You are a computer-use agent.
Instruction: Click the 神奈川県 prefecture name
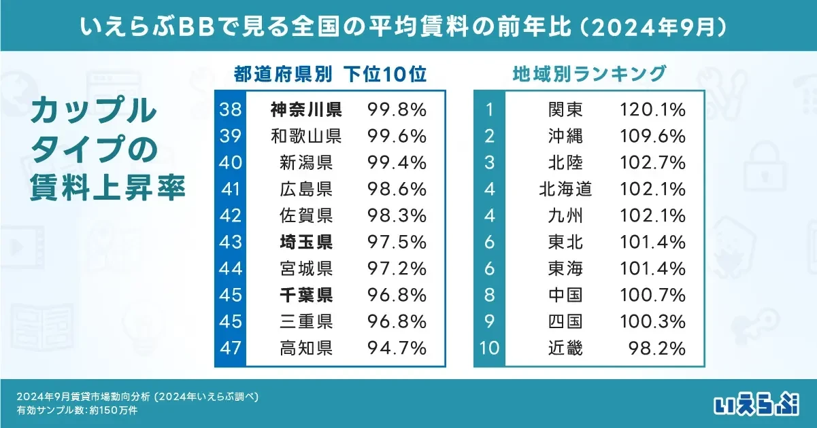305,109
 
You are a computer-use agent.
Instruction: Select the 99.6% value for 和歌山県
397,136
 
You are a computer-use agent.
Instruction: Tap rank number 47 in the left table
230,349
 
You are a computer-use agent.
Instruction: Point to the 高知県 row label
305,349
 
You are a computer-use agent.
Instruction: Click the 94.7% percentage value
397,349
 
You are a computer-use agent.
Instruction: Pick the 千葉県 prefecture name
305,296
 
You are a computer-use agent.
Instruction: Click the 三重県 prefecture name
305,322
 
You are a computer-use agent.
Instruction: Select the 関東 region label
565,109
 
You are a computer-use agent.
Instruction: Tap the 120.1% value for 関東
652,109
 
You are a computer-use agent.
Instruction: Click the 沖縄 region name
565,136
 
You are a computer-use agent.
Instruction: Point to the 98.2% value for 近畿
656,349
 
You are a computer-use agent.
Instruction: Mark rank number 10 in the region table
489,349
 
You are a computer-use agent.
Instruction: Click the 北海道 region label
565,189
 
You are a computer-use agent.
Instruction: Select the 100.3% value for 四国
652,322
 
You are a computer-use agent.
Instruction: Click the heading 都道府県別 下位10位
330,73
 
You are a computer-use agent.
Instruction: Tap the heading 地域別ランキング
588,73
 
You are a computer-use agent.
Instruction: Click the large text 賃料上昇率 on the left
107,188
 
